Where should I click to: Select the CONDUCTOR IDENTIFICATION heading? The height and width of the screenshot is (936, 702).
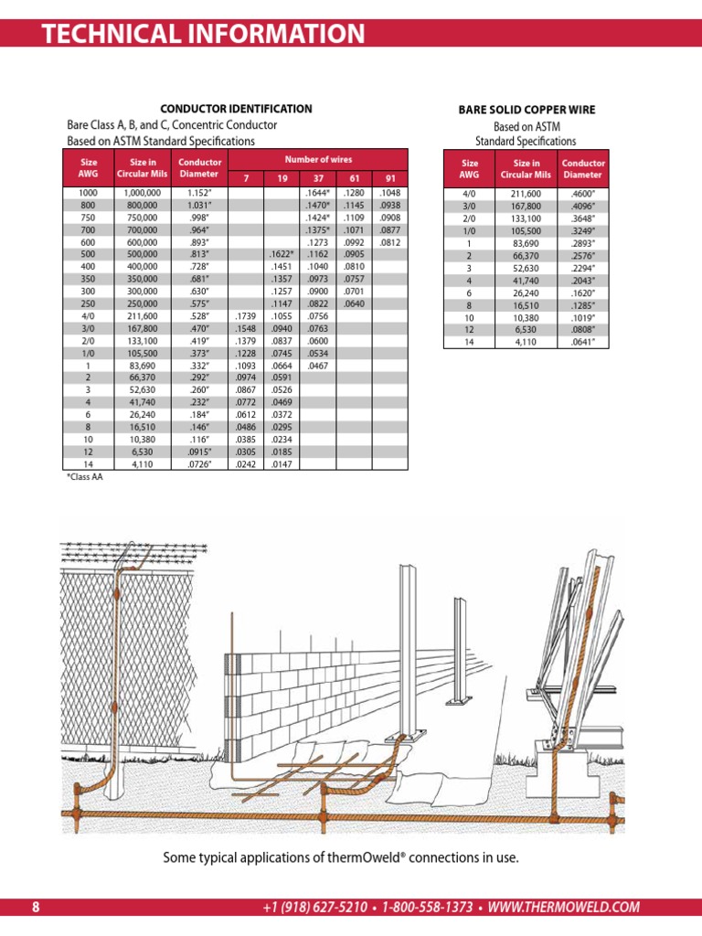click(236, 109)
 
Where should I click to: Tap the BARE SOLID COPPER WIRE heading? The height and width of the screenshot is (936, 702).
click(526, 110)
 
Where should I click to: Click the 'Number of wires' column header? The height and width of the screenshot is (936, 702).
click(318, 159)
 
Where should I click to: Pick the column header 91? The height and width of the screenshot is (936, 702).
click(390, 178)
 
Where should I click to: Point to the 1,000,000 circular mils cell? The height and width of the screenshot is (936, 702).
click(142, 194)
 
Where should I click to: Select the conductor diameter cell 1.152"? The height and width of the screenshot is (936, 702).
click(199, 194)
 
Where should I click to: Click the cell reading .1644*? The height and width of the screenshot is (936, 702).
click(317, 194)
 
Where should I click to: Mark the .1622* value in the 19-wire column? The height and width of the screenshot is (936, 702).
click(282, 253)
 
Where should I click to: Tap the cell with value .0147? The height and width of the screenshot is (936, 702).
click(281, 464)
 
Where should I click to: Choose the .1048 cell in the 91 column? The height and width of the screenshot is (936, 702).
click(390, 194)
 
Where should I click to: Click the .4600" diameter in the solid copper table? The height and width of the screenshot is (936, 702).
click(582, 194)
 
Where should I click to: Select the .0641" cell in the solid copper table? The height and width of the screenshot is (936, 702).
click(582, 342)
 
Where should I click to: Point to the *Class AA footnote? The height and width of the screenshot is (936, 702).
click(85, 477)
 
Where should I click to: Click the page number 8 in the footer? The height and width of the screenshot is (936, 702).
click(36, 907)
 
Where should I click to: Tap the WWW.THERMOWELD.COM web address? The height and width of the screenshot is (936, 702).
click(564, 907)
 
